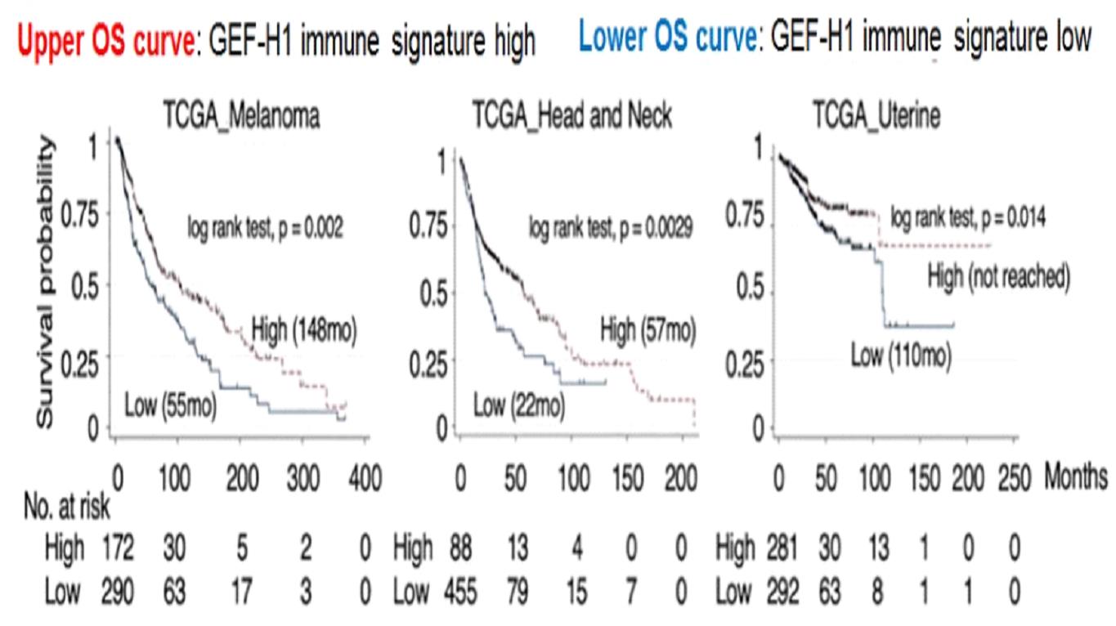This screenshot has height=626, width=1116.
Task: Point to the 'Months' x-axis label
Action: [x=1075, y=476]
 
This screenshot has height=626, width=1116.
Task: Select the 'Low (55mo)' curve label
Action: [x=170, y=405]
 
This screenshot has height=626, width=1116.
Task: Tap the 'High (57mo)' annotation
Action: [x=648, y=331]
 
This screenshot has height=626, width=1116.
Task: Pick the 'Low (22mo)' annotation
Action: [x=518, y=405]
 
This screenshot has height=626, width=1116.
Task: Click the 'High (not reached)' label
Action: [x=998, y=278]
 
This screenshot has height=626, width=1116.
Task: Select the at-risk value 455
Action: [x=461, y=592]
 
